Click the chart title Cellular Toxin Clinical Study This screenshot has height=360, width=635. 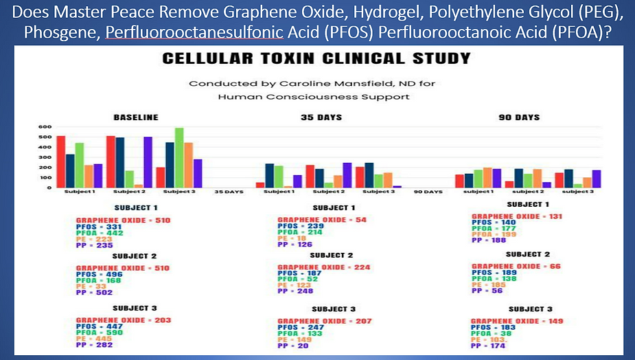316,59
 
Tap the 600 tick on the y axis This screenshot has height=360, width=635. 43,127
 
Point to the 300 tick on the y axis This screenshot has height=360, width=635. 43,157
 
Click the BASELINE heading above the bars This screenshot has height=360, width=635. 135,117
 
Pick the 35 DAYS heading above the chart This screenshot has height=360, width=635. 321,117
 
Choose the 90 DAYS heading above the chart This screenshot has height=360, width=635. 519,117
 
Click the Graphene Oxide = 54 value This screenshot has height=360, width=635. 318,221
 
